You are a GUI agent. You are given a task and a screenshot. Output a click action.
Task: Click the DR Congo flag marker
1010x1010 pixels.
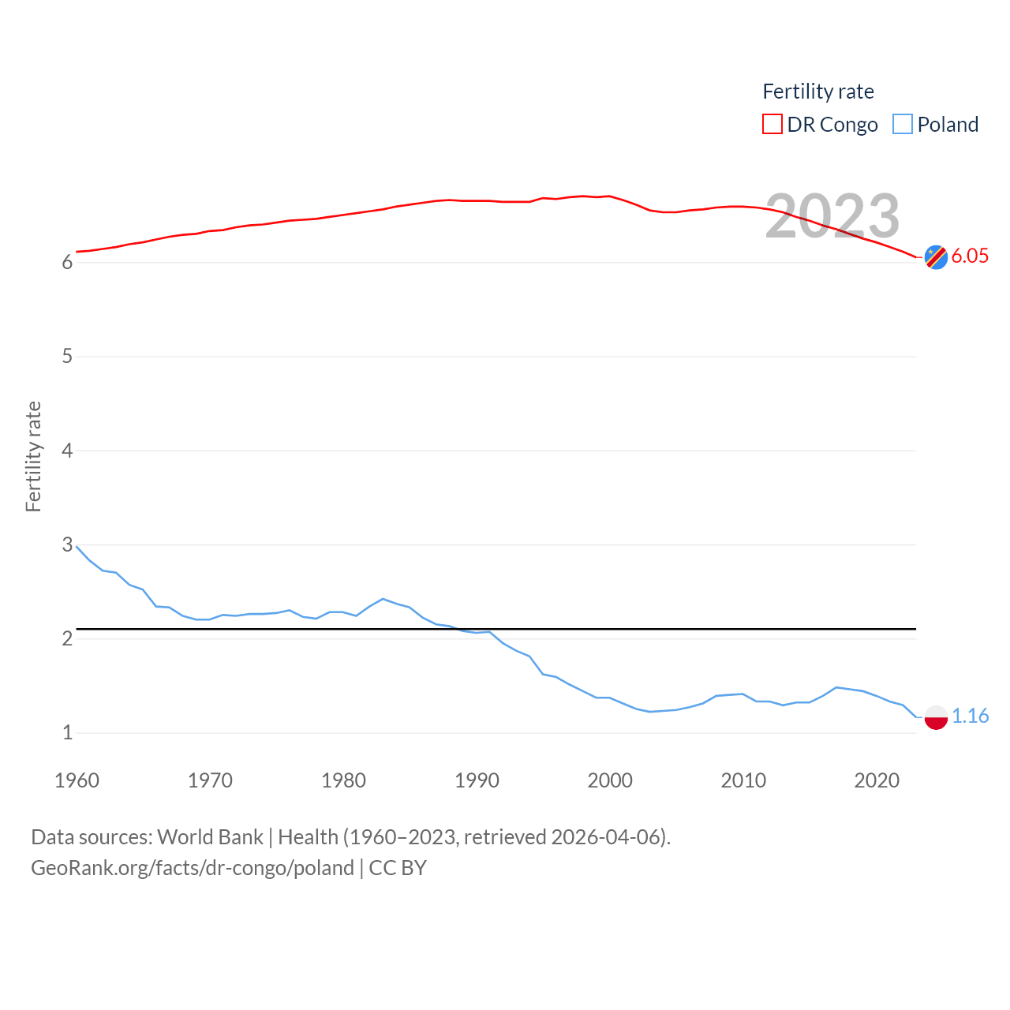936,256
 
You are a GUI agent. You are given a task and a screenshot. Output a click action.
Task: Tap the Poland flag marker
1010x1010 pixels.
936,717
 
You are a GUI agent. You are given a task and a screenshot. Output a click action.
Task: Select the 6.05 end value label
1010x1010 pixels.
970,256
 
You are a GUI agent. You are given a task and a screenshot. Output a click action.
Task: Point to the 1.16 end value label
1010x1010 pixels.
970,716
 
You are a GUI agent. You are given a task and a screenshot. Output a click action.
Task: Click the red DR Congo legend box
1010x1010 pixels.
772,125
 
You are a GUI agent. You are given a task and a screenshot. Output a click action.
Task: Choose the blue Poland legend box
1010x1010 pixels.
902,125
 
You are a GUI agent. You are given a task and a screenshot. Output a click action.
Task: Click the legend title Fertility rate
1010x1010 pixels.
818,92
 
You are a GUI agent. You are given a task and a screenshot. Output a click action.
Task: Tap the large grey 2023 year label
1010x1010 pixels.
832,216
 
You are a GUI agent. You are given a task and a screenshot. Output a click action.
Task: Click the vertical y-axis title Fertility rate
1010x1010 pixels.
33,457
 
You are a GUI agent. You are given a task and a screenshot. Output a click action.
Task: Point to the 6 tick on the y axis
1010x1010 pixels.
67,263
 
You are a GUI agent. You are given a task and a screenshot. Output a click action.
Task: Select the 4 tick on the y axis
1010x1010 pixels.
67,451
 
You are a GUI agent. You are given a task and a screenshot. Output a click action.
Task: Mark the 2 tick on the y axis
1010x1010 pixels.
67,638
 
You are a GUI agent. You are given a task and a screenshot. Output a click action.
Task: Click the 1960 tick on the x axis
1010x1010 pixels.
77,780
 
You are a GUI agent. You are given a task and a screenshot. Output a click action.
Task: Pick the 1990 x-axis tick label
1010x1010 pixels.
477,780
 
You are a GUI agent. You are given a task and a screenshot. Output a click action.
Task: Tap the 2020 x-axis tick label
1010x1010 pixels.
877,780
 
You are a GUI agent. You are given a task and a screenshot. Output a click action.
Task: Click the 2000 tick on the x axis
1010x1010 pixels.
610,780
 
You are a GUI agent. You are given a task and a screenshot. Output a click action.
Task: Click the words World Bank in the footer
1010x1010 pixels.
210,836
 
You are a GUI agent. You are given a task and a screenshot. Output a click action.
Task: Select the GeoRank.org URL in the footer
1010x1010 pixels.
193,868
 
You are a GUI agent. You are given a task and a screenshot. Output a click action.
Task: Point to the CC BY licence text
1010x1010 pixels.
398,868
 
